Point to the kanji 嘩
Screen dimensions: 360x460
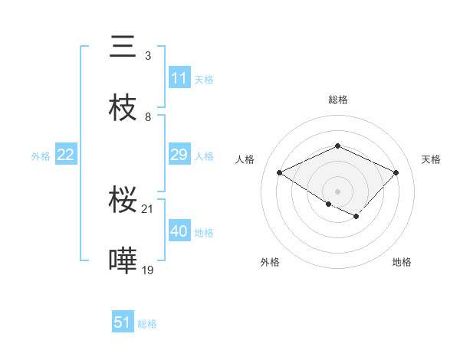[123, 260]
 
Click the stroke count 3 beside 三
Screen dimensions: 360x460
[148, 56]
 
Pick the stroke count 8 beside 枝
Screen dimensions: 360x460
[148, 116]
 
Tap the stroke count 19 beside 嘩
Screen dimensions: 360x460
[149, 270]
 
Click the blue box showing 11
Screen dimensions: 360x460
[179, 78]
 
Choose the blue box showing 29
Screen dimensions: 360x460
[179, 155]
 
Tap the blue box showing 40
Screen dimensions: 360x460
[179, 231]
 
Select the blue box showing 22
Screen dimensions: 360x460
[66, 155]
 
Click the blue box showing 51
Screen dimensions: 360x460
[123, 322]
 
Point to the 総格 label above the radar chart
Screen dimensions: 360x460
[337, 100]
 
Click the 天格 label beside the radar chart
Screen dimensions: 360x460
[431, 159]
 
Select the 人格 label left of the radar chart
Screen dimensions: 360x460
[245, 159]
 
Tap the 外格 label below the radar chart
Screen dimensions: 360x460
[270, 262]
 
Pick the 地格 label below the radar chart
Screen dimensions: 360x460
[402, 262]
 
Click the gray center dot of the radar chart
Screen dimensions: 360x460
[337, 191]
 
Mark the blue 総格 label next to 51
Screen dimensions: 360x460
[147, 324]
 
